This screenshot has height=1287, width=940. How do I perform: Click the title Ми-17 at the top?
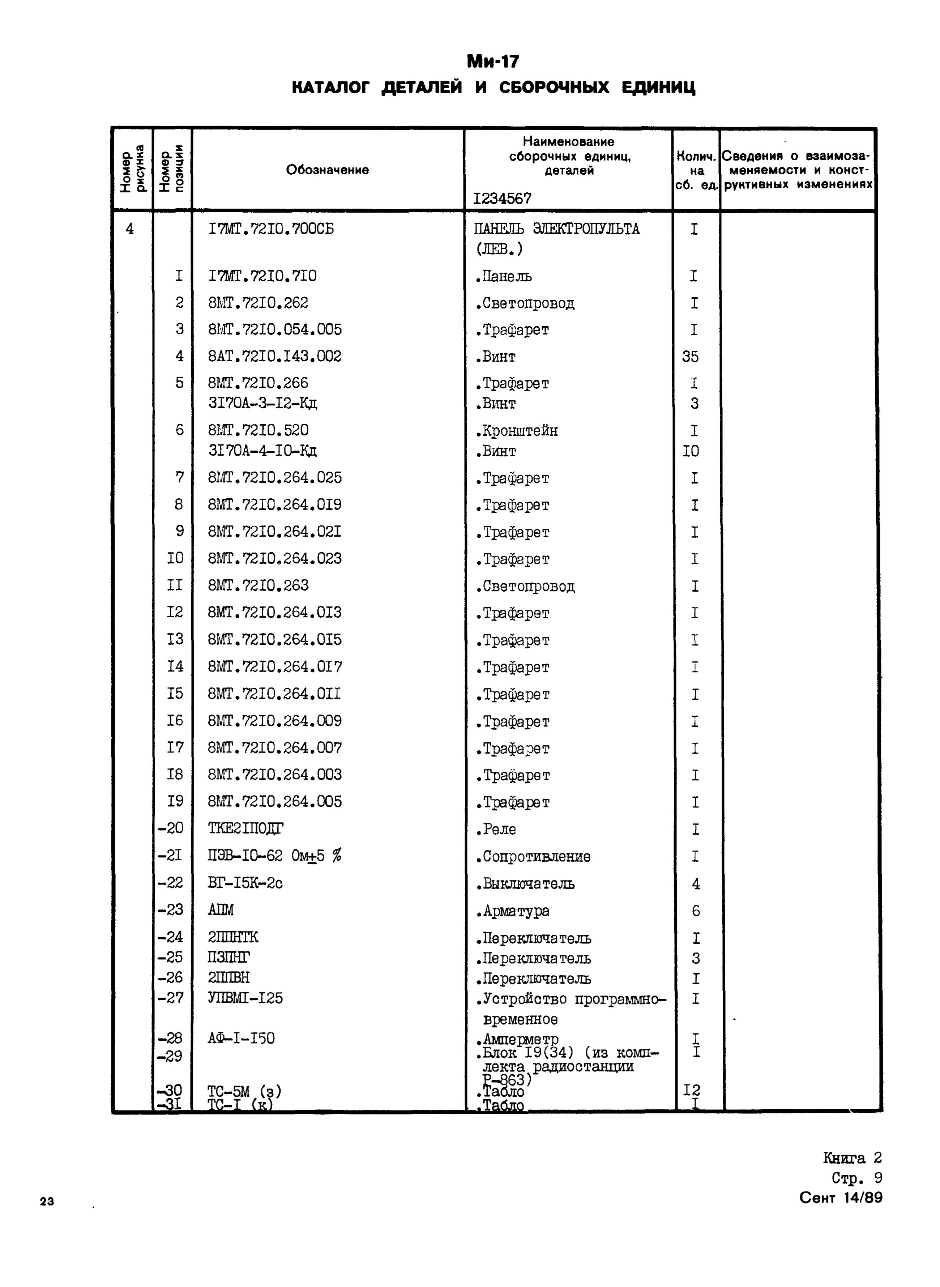click(x=493, y=61)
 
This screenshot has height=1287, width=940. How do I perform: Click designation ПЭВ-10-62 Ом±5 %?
click(x=274, y=856)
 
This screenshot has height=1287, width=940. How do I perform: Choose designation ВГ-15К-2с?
click(x=245, y=883)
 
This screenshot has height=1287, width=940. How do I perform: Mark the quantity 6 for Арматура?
click(x=695, y=911)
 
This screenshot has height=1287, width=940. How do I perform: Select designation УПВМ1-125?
click(x=245, y=998)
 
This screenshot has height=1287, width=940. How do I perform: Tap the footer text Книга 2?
click(x=852, y=1158)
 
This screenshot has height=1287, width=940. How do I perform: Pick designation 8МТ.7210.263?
click(x=258, y=585)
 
